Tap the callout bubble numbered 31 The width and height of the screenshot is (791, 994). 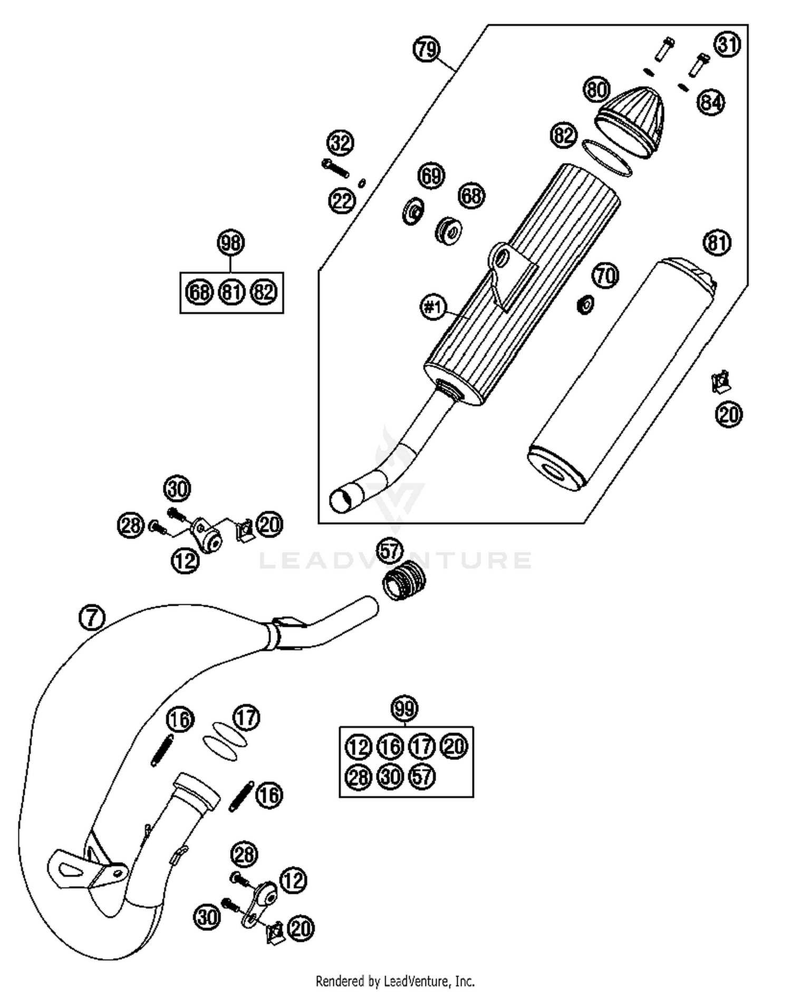pos(727,45)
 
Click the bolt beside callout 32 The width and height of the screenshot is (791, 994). pos(335,168)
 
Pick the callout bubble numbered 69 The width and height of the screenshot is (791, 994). pos(431,175)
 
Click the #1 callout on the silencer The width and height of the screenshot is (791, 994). pos(433,307)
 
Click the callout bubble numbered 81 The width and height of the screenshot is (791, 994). pos(717,243)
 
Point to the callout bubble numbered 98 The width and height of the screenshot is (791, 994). pos(231,243)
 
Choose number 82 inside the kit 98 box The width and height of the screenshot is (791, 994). pos(264,292)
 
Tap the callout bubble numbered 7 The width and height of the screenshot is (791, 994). pos(92,617)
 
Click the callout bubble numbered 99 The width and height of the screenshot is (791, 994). pos(404,709)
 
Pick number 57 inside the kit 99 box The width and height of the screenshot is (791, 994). pos(422,777)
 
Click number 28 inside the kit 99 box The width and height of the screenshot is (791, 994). pos(359,777)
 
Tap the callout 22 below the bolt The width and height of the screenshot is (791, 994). pos(342,200)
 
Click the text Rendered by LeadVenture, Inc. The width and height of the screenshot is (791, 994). pos(395,981)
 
